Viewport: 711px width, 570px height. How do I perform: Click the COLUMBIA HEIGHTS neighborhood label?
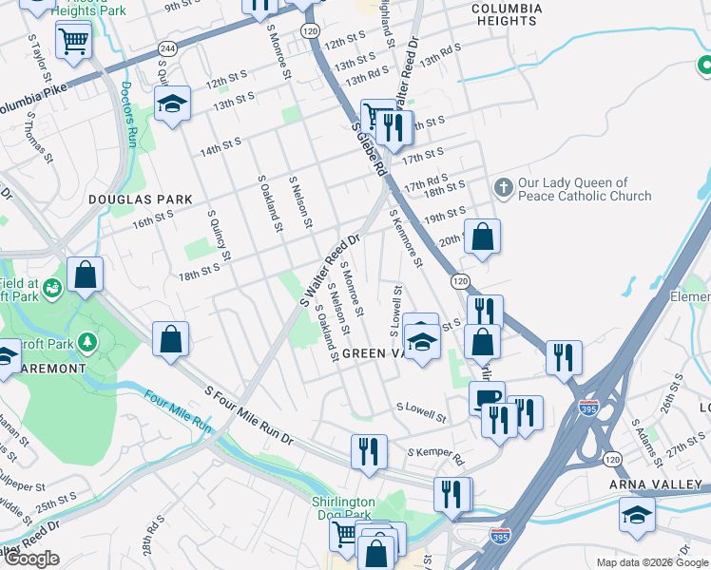coord(508,14)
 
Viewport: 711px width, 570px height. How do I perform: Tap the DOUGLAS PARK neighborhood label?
coord(140,199)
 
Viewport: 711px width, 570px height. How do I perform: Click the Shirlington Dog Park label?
coord(344,508)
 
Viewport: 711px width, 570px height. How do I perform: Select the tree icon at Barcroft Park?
coord(87,339)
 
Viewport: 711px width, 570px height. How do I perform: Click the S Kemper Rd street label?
coord(435,456)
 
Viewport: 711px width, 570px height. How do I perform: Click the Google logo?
coord(30,559)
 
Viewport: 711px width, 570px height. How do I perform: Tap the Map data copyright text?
coord(650,561)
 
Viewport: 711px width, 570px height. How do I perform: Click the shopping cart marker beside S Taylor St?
coord(73,41)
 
